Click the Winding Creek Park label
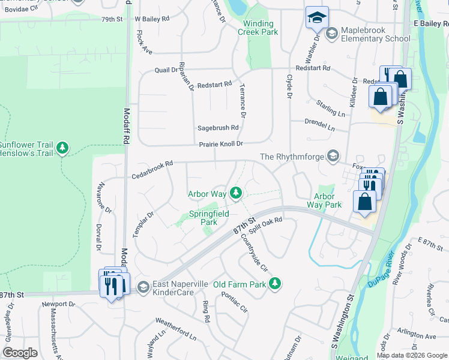[x=261, y=28]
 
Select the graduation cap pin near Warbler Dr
[x=317, y=18]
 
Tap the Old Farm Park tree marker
[x=275, y=283]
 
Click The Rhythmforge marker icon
[x=331, y=157]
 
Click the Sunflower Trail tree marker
[x=62, y=147]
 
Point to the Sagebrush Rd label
[x=218, y=128]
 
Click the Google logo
[x=20, y=353]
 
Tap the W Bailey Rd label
[x=152, y=19]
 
